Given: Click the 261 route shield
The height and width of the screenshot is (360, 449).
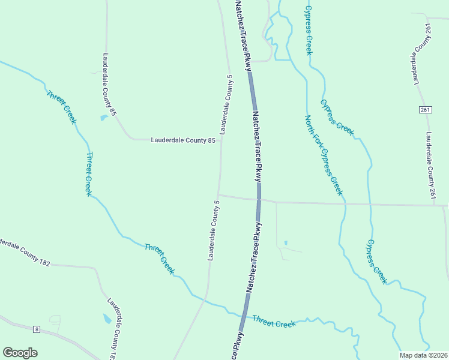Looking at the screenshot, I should (x=425, y=110).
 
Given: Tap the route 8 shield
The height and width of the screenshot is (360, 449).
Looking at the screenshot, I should (x=37, y=329).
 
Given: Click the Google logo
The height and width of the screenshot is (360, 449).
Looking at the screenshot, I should (x=20, y=352).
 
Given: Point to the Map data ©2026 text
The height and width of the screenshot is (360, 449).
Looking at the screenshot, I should (x=423, y=355).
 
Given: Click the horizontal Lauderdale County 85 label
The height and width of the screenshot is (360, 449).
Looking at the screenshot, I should (x=182, y=140).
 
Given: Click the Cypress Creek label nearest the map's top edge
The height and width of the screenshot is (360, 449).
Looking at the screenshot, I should (x=309, y=30).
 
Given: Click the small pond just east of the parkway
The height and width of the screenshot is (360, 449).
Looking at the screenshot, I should (x=285, y=242).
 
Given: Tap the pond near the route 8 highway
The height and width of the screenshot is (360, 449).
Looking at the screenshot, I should (x=107, y=318).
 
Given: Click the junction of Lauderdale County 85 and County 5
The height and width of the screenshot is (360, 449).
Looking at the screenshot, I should (x=221, y=140).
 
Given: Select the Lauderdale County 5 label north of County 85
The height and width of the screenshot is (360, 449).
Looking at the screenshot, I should (x=226, y=104).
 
